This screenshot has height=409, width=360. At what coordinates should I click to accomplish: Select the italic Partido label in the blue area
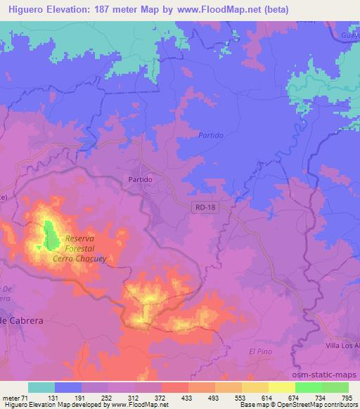tap(211, 134)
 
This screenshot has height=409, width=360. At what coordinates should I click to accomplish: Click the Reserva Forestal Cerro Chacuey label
tap(79, 249)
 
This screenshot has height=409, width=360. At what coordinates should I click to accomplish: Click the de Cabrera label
tap(22, 320)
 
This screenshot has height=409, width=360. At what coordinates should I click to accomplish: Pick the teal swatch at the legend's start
tap(41, 387)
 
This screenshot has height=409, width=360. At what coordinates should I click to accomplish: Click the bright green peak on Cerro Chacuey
tap(51, 235)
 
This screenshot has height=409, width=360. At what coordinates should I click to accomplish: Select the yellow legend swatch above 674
tap(282, 387)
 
